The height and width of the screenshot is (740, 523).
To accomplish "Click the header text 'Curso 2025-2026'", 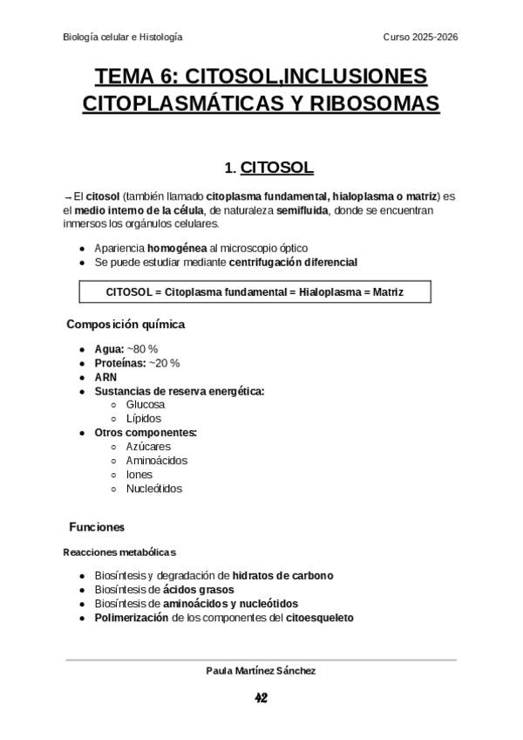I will [x=421, y=37].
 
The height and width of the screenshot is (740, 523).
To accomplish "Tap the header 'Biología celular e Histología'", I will [x=123, y=37].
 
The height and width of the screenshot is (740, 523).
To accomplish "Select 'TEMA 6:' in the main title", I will [x=133, y=75].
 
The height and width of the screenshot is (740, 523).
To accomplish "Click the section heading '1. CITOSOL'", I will [x=268, y=167].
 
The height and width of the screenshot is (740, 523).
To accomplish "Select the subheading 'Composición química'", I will [x=126, y=325].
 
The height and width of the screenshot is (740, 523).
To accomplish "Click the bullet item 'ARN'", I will [x=105, y=377].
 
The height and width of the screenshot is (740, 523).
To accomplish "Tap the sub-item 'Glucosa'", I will [x=146, y=405].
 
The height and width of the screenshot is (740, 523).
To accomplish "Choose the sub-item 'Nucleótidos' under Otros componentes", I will [x=154, y=489].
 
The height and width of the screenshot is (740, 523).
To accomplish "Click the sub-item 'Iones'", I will [x=139, y=475].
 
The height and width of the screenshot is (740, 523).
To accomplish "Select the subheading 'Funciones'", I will [x=97, y=527].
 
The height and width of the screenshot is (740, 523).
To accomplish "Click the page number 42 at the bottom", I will [x=261, y=698].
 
